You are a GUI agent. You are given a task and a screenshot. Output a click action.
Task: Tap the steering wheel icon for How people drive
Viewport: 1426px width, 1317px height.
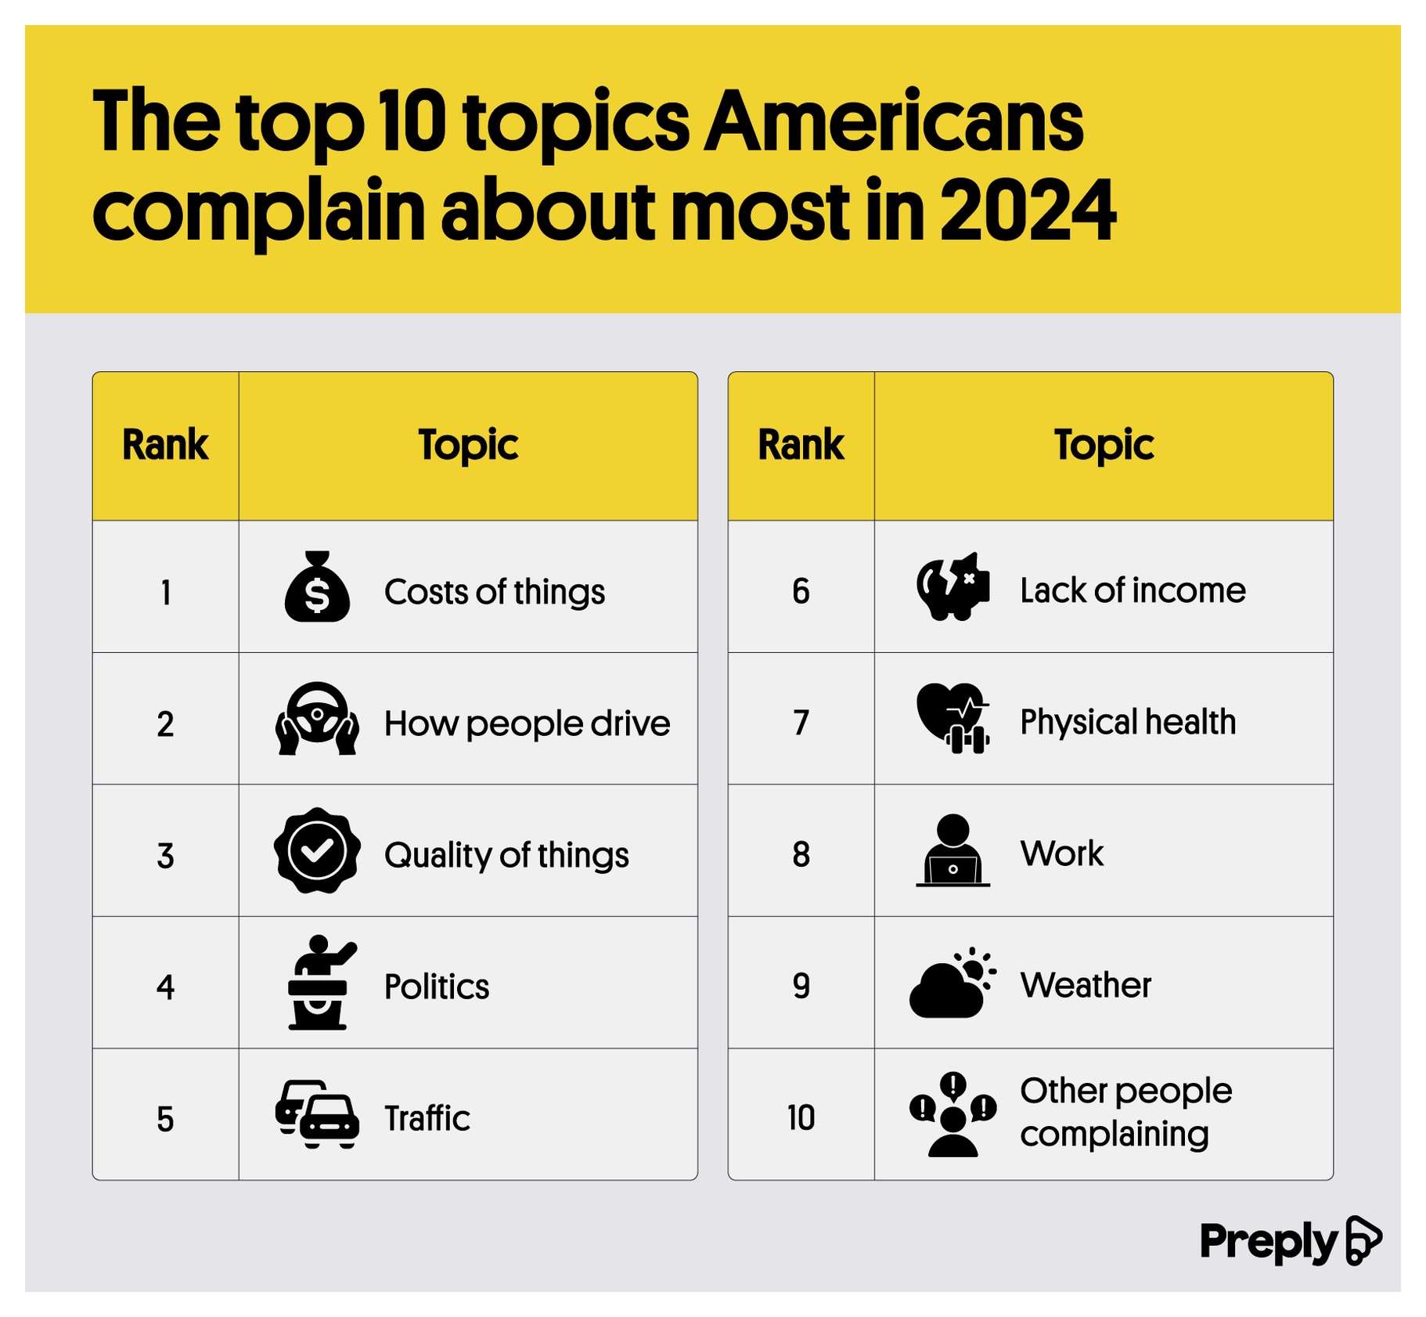pos(317,718)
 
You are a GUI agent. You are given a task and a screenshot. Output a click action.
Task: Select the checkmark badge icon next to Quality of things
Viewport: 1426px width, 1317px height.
pos(317,850)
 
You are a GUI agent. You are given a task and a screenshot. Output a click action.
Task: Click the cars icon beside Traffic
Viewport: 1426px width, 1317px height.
pos(317,1114)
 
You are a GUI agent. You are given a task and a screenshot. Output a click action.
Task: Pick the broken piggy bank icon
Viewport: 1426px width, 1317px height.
pos(952,586)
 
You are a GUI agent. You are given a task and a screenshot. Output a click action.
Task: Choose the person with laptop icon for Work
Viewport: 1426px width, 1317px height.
pos(952,850)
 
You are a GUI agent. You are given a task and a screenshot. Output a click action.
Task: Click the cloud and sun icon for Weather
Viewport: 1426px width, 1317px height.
pos(952,982)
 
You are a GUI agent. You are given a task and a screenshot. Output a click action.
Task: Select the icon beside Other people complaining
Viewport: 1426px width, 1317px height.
pos(952,1114)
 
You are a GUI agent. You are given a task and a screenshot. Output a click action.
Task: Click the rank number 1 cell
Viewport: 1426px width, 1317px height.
pos(165,592)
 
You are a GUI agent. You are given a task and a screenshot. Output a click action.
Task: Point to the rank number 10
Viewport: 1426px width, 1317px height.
pos(801,1117)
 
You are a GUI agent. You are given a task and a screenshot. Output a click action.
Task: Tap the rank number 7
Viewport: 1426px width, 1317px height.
pos(801,722)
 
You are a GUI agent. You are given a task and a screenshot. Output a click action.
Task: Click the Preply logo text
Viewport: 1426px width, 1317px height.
pos(1267,1242)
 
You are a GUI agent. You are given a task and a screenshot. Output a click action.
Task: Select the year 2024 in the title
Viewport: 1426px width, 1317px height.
pos(1027,210)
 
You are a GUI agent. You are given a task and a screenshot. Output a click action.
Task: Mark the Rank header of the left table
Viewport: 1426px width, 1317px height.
pos(165,445)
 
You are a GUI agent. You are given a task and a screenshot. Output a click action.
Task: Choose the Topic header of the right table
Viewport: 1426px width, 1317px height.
pos(1104,445)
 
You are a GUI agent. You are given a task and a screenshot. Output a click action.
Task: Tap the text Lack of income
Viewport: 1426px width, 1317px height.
pos(1133,590)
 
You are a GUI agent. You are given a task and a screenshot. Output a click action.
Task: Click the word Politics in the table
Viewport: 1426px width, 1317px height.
pos(437,986)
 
